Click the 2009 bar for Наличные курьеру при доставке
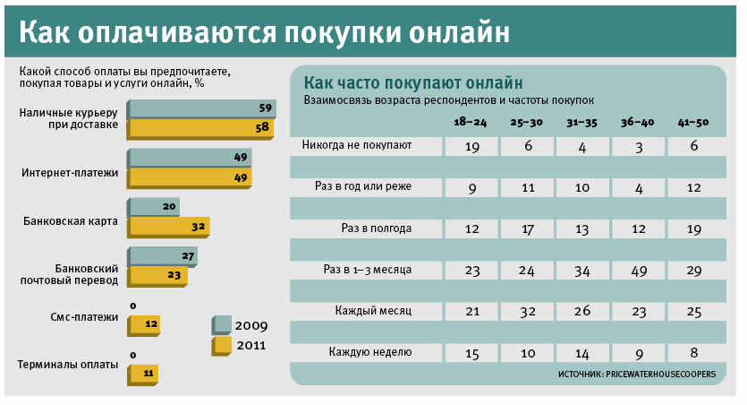[201, 109]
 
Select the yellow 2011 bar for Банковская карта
[169, 227]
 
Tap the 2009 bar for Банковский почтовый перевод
[162, 257]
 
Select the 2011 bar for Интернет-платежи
[190, 177]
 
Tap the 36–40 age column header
[639, 122]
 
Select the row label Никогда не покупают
[357, 144]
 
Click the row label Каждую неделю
[369, 352]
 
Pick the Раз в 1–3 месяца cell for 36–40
[639, 270]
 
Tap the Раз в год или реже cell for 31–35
[582, 187]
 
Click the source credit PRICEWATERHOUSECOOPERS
[636, 374]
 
